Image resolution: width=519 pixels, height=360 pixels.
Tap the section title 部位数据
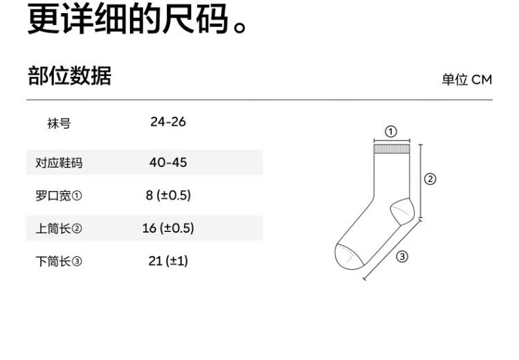69,76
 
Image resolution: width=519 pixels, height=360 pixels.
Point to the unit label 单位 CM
467,80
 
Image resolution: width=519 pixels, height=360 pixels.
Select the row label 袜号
59,125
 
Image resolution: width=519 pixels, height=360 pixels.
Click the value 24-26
168,123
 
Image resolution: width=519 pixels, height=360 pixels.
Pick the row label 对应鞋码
59,163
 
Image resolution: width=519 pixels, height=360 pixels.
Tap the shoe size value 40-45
168,163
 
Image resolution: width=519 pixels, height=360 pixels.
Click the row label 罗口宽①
59,196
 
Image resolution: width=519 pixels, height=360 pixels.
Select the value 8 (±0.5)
168,195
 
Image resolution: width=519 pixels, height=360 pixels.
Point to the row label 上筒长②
59,228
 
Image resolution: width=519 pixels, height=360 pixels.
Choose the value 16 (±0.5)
168,228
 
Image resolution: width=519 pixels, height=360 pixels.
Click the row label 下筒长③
59,262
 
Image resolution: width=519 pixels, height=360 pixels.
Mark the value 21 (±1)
168,261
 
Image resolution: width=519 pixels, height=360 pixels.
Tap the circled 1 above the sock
391,132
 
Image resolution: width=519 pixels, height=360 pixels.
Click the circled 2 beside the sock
430,179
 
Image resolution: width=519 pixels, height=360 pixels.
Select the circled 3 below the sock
403,257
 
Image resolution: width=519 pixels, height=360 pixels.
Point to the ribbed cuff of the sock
392,150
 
